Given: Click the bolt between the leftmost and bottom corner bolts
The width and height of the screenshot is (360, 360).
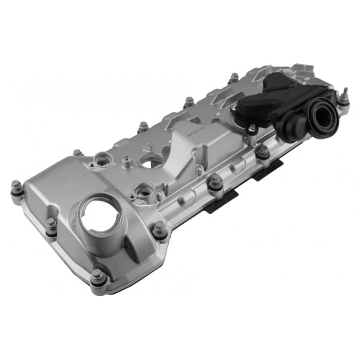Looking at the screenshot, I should coord(51,224).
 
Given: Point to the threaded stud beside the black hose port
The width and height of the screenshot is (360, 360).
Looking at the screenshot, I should coord(344,96).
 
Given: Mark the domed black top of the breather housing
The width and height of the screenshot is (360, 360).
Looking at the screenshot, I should coord(278,82).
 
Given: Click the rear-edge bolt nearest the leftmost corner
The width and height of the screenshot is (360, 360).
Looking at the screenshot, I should coord(78,153).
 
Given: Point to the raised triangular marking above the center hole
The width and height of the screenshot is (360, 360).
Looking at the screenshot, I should coord(149,147).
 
